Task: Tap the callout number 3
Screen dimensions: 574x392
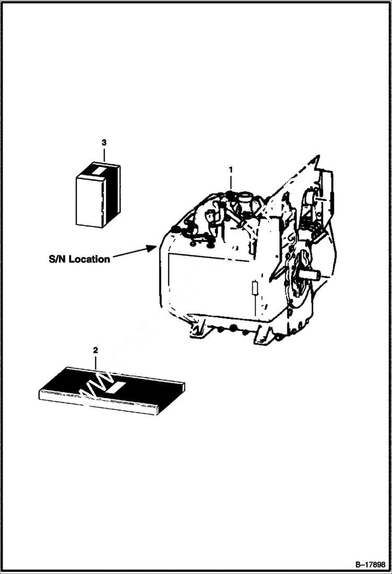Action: pos(104,142)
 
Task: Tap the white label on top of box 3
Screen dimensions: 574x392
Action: pos(98,170)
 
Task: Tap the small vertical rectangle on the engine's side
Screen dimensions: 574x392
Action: pos(254,288)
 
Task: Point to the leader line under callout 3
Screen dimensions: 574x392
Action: pos(104,153)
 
